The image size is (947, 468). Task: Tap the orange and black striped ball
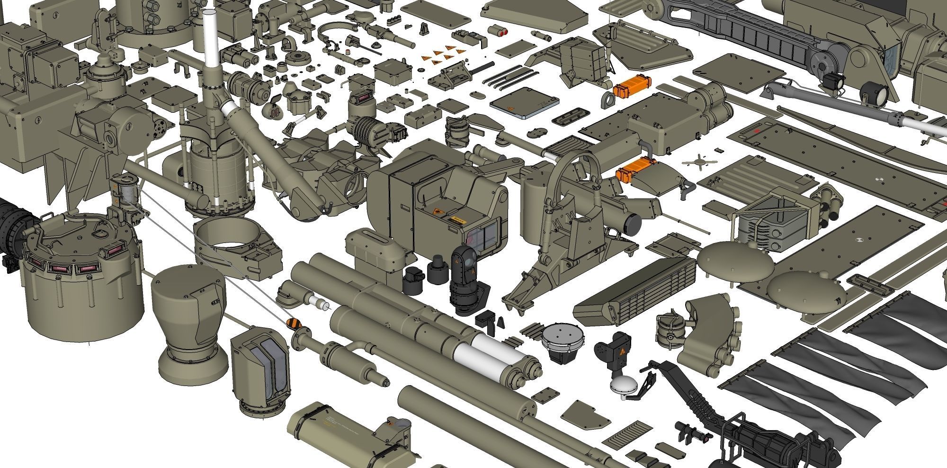pos(294,324)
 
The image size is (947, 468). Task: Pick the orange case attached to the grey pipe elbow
pos(635,168)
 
